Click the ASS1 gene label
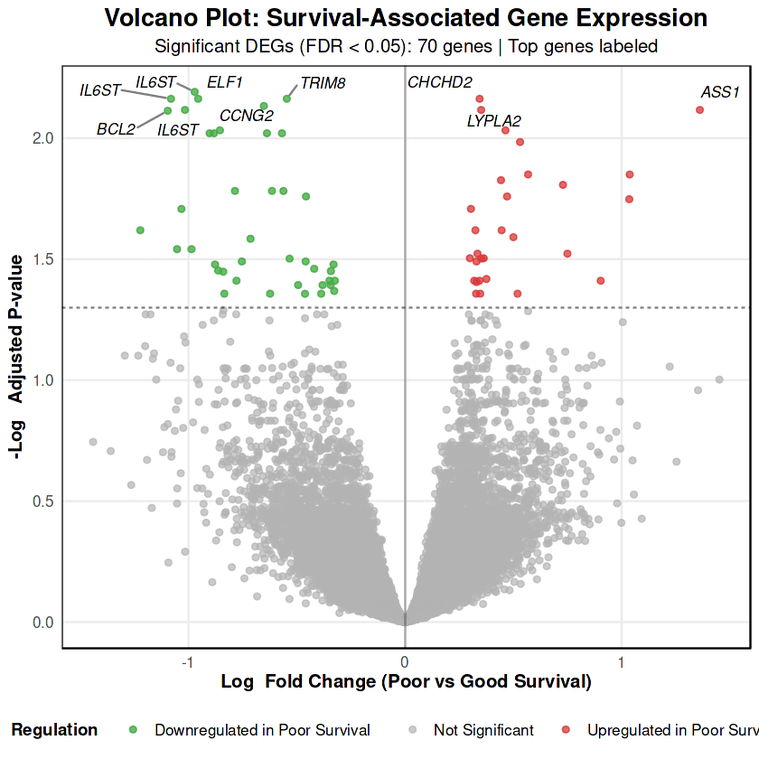point(720,92)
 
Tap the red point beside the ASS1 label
point(699,110)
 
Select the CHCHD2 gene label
point(440,82)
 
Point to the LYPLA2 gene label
point(493,120)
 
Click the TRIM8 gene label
point(323,83)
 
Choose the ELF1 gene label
point(225,82)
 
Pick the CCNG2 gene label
point(247,115)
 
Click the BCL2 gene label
point(116,129)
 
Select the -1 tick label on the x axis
point(187,661)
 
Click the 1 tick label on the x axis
point(622,661)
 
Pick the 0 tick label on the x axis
point(405,661)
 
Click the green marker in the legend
point(134,730)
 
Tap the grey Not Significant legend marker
point(413,730)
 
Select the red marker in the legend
point(567,730)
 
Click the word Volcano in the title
point(150,18)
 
